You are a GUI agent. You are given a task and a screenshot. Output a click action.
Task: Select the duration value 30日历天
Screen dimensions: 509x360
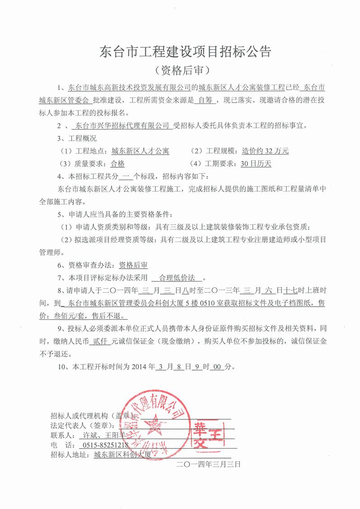click(256, 164)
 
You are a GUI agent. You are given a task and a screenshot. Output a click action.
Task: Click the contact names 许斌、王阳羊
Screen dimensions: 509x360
click(101, 435)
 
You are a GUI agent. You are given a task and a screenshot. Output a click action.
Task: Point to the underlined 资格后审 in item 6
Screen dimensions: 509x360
click(135, 266)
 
